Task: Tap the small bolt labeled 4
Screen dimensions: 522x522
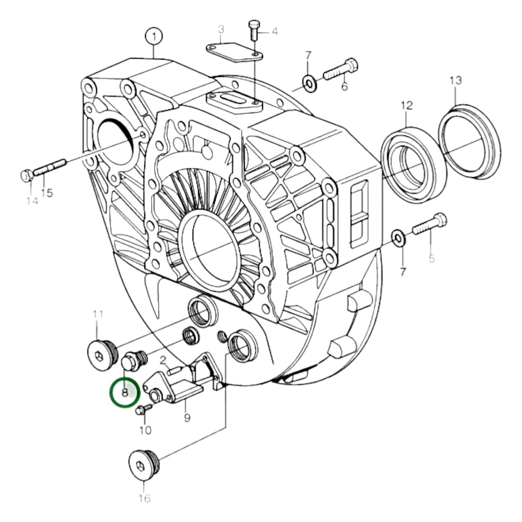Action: [253, 31]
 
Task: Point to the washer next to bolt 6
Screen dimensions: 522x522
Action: [309, 83]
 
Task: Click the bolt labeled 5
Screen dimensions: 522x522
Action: [430, 224]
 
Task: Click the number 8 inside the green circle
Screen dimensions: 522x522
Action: [124, 392]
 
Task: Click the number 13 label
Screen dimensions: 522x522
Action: [456, 80]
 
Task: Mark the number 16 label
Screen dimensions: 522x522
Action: [144, 499]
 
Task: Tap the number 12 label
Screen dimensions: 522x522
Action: [406, 105]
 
